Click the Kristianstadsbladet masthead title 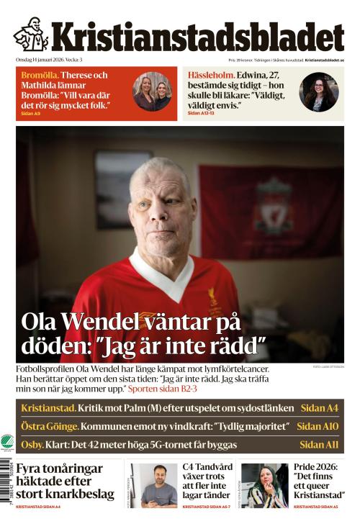(197, 37)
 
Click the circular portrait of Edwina (319, 92)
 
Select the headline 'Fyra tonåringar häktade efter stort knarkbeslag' (65, 481)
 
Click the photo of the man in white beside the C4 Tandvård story (154, 485)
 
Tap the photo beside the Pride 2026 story (264, 485)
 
